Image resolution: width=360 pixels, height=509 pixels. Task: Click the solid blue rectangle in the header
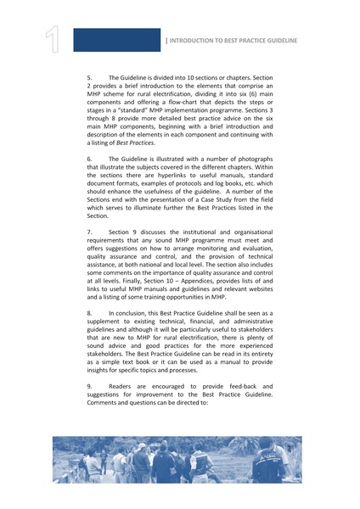pos(116,40)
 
